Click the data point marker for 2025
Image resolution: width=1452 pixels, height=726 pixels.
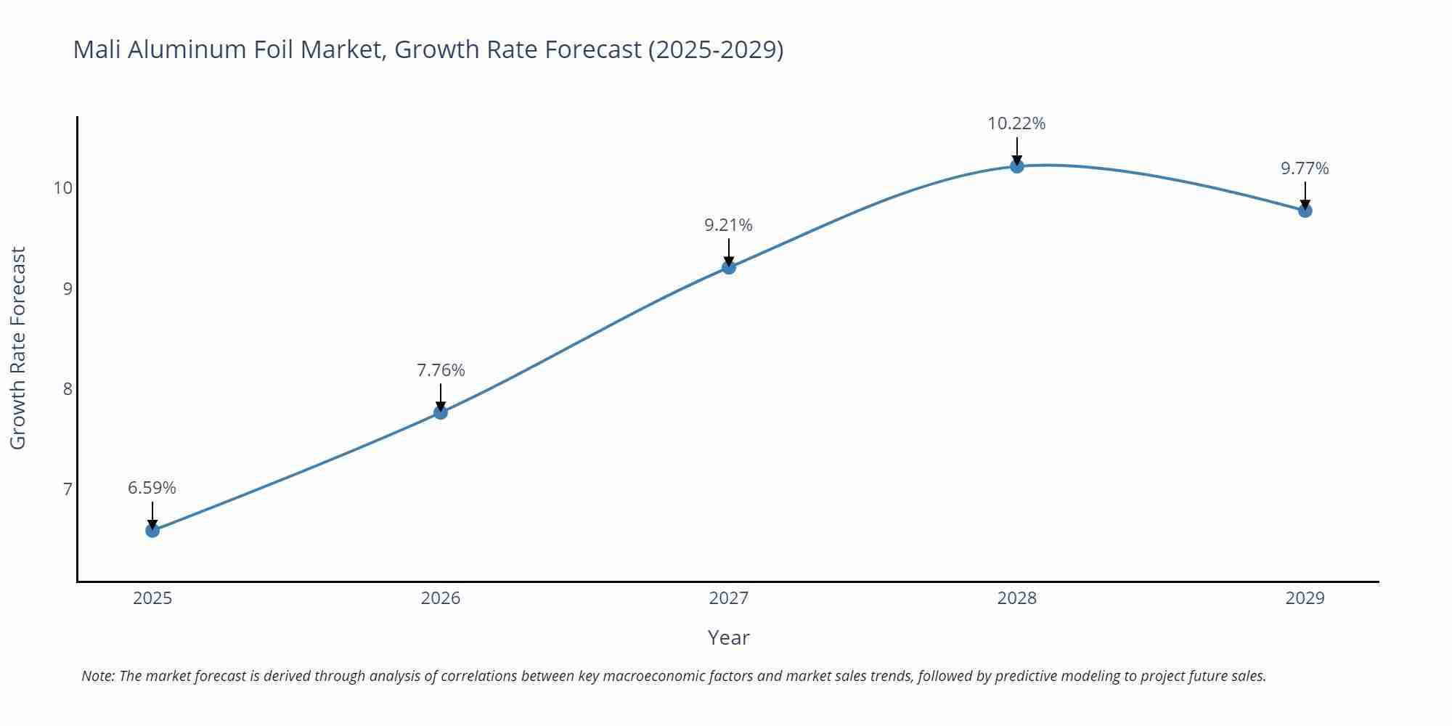tap(152, 531)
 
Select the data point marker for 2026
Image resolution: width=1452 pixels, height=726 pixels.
tap(441, 412)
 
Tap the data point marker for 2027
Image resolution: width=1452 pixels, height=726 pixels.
tap(729, 267)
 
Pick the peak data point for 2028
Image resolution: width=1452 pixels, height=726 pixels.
tap(1017, 166)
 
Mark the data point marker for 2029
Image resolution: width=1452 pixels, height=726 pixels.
tap(1305, 211)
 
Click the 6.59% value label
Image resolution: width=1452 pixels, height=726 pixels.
tap(152, 488)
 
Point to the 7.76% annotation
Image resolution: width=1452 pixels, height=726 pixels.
tap(441, 370)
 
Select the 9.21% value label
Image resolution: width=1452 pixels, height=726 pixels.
tap(728, 225)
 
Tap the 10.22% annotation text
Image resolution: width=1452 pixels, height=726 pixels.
tap(1016, 123)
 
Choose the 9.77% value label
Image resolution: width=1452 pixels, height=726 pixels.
tap(1305, 168)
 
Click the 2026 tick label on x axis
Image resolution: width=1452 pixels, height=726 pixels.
tap(441, 598)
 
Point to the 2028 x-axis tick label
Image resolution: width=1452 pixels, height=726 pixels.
tap(1017, 598)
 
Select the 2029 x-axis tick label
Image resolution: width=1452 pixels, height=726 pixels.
tap(1305, 598)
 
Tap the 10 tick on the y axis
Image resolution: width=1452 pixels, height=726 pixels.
tap(63, 188)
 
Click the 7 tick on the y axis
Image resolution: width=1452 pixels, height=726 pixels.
tap(68, 489)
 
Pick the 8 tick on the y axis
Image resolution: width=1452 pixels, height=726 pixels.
tap(68, 389)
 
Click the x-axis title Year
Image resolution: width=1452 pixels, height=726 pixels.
tap(728, 637)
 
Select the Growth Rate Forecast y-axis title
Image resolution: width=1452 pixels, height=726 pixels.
tap(18, 348)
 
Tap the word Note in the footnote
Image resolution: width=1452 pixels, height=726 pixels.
tap(97, 676)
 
